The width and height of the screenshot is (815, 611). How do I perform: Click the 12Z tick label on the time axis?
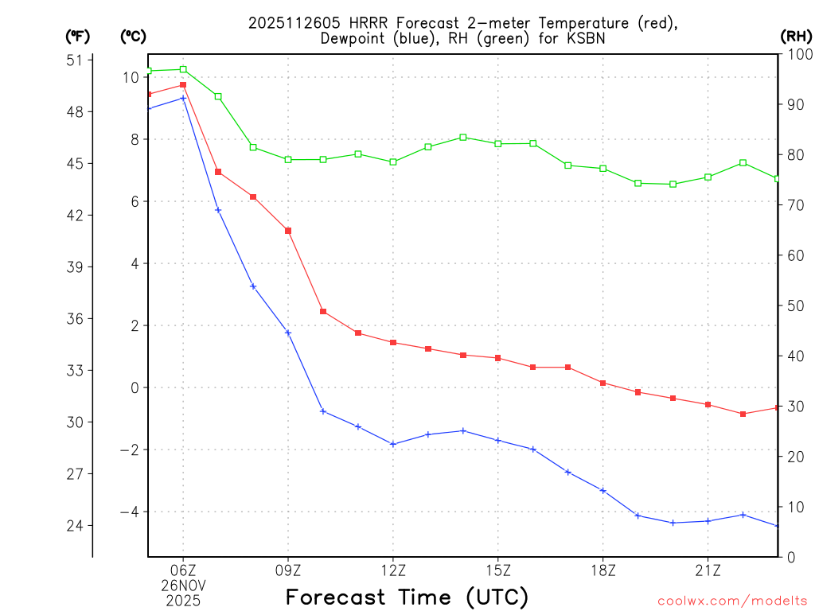click(x=393, y=570)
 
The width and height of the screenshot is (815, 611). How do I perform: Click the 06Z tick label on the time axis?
click(x=183, y=570)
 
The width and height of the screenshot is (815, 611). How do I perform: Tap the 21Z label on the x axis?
click(x=708, y=570)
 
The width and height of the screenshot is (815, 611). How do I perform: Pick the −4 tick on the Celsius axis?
click(x=129, y=512)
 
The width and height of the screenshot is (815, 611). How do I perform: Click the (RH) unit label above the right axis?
click(x=795, y=36)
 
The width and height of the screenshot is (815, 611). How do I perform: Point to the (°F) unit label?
click(x=78, y=36)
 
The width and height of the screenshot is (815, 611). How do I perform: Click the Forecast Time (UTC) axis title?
click(x=407, y=597)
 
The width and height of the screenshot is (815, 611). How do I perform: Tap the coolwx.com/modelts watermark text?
click(x=732, y=601)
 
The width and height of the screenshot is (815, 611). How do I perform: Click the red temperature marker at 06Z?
click(x=183, y=84)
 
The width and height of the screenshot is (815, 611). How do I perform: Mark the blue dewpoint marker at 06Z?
click(x=183, y=98)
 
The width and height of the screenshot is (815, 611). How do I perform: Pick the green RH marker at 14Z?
click(x=463, y=137)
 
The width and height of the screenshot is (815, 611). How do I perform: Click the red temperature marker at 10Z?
click(x=323, y=311)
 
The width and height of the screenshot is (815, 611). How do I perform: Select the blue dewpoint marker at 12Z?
click(x=393, y=444)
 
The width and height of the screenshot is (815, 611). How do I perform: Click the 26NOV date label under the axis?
click(x=183, y=586)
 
